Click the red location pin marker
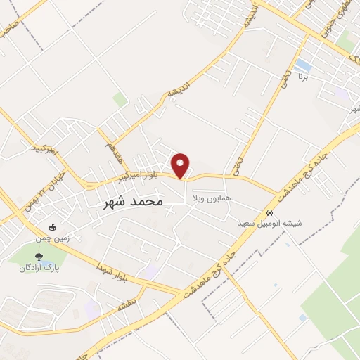point(181,166)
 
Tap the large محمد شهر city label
point(133,201)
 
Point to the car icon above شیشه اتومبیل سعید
point(269,212)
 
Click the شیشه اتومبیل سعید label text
point(269,224)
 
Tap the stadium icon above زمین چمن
point(53,227)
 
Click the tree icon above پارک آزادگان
point(39,257)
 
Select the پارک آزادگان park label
point(39,268)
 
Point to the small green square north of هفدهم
point(121,99)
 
